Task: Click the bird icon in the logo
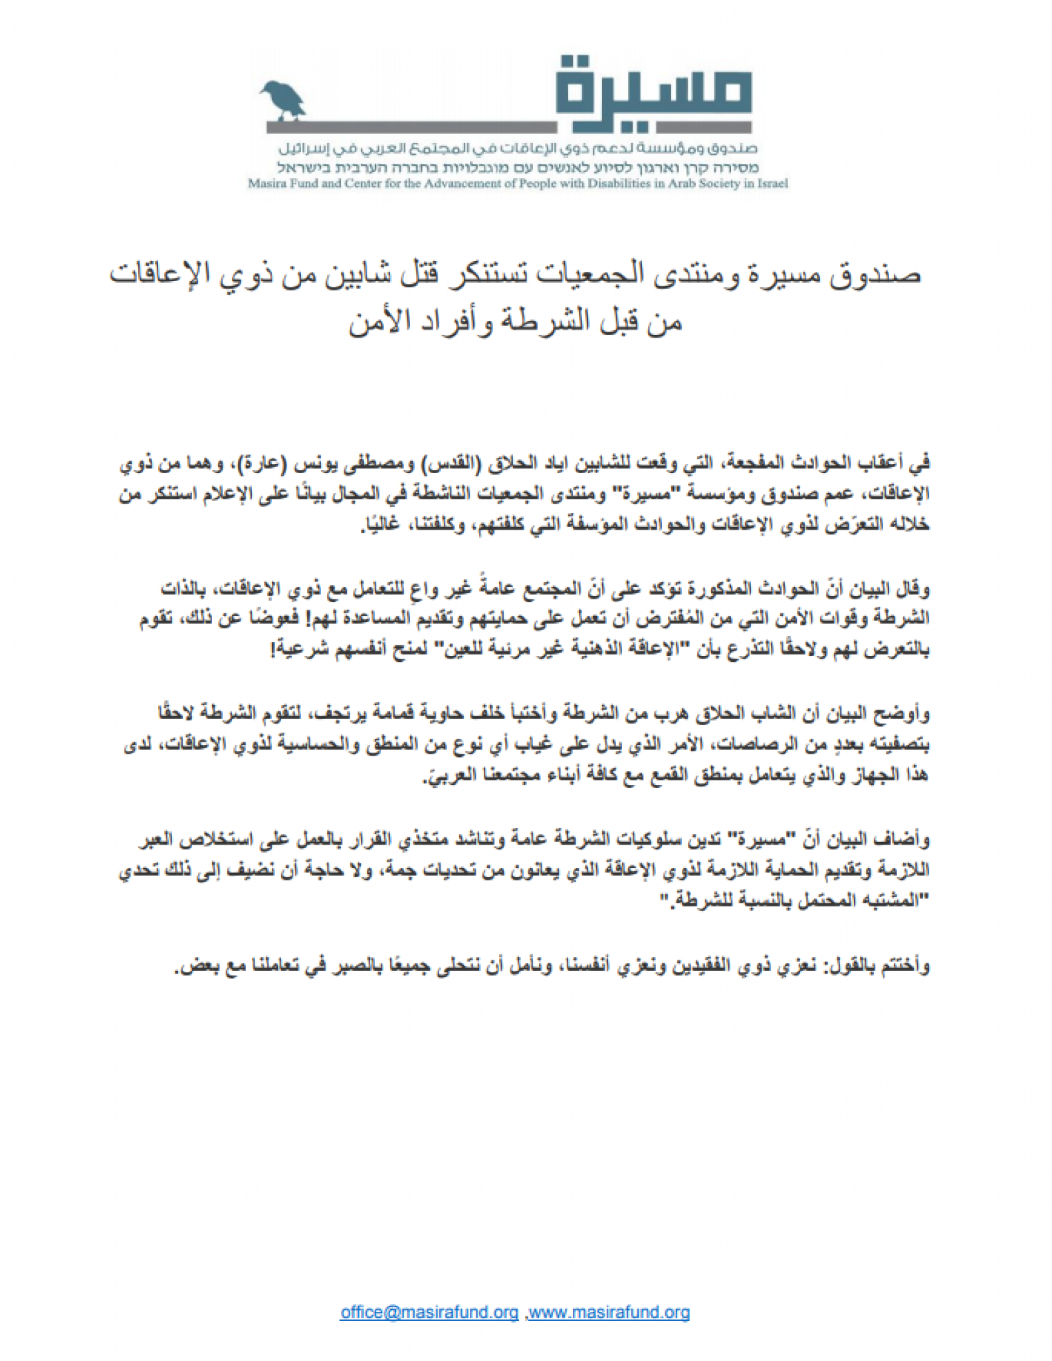tap(282, 99)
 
